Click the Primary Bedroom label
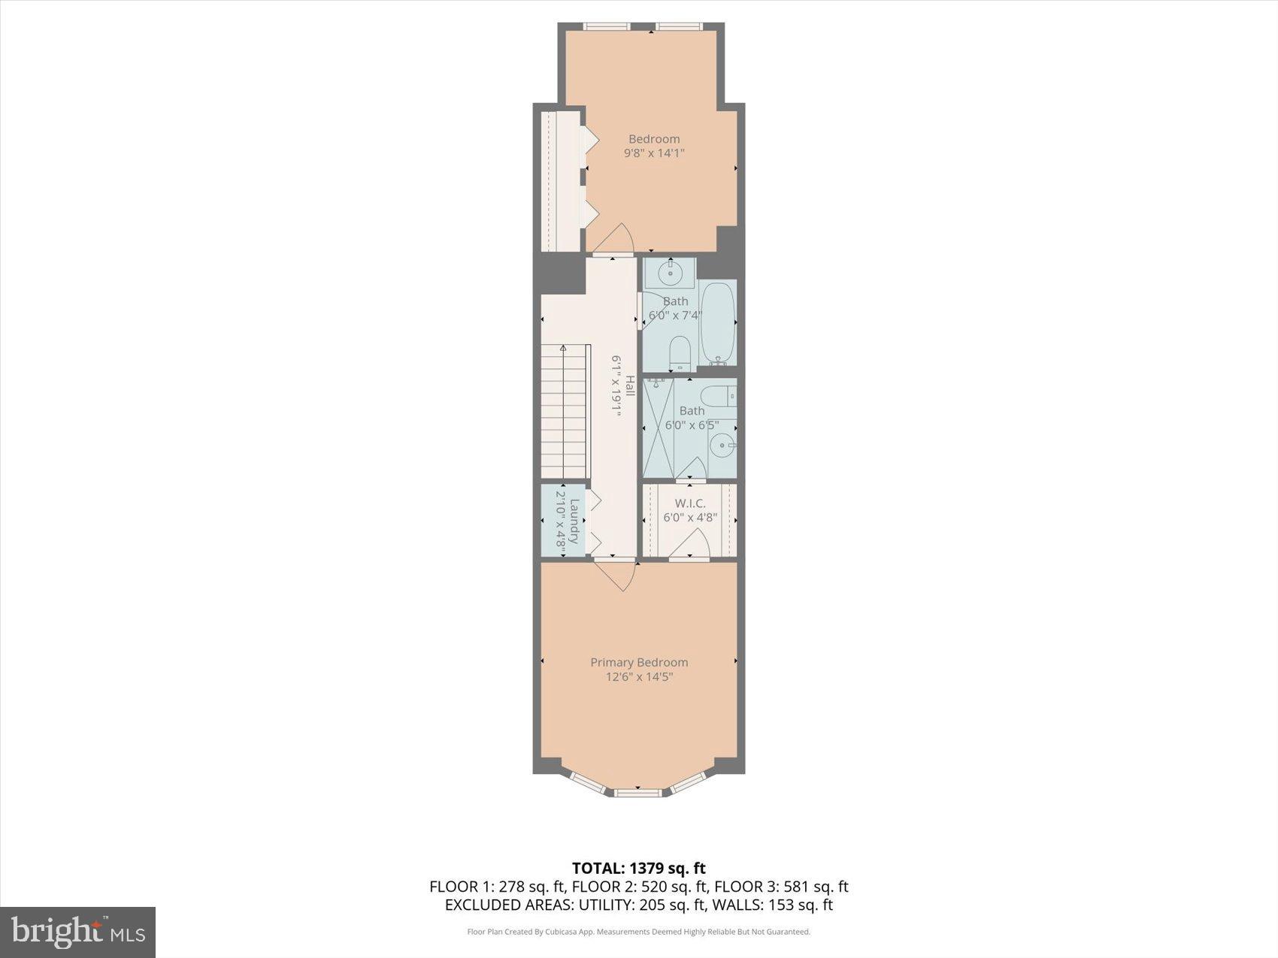[x=638, y=662]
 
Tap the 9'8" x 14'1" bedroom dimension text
[x=654, y=153]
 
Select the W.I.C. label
[x=689, y=503]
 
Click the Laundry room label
[x=575, y=521]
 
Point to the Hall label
[x=630, y=385]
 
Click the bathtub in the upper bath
[x=717, y=323]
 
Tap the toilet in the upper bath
[x=680, y=353]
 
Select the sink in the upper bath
[x=669, y=273]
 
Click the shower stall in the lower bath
[x=659, y=428]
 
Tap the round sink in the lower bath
[x=723, y=446]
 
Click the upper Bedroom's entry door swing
[x=615, y=240]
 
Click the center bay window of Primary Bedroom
[x=638, y=792]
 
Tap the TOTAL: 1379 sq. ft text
[x=638, y=869]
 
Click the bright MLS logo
[x=77, y=932]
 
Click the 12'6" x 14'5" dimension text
[x=638, y=677]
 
